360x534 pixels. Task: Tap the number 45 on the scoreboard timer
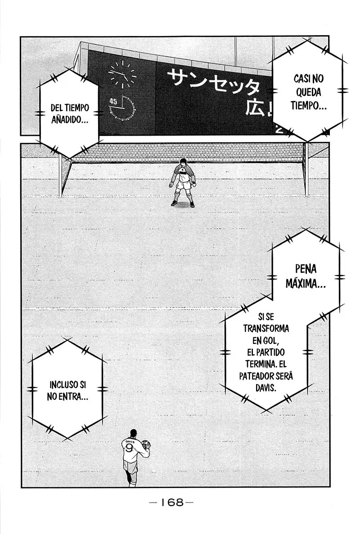click(113, 101)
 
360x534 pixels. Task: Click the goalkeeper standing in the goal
click(183, 182)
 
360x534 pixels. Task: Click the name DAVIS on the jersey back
click(130, 441)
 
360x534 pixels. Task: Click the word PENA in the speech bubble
click(306, 269)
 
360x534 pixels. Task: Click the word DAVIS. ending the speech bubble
click(266, 388)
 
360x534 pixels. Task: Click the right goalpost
click(306, 170)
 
